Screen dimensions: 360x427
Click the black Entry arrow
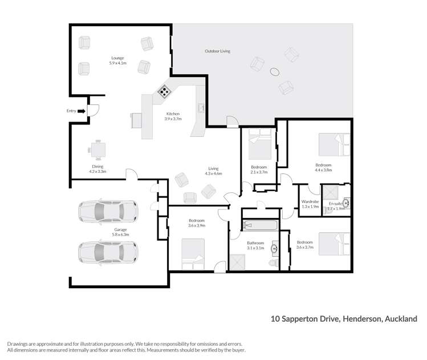point(81,111)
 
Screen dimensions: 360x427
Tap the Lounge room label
point(118,58)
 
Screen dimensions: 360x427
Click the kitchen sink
point(201,107)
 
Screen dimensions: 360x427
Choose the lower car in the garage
point(108,251)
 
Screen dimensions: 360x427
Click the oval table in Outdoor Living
point(275,72)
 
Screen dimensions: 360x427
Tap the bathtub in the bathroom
point(259,225)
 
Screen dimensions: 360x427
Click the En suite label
point(335,203)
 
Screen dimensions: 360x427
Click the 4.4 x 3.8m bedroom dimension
point(323,170)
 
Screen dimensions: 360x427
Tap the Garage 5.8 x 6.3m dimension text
point(120,234)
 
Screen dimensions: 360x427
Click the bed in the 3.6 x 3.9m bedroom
point(193,254)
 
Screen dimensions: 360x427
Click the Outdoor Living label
point(217,51)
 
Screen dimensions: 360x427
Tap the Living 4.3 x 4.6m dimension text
point(214,173)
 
